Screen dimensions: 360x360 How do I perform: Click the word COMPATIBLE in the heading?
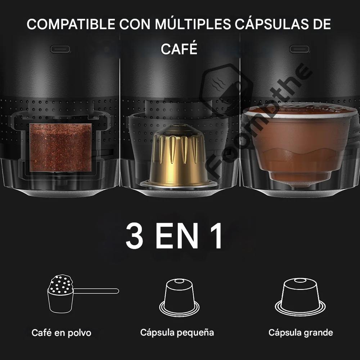71,24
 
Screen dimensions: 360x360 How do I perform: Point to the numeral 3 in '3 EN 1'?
134,236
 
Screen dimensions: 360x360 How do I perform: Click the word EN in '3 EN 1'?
176,236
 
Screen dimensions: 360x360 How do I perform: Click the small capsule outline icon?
179,298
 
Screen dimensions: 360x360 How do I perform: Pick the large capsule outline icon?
300,297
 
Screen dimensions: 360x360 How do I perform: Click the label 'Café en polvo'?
61,333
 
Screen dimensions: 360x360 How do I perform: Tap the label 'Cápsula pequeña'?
177,332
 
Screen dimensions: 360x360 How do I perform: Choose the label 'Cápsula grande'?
301,332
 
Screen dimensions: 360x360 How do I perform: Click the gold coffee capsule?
179,156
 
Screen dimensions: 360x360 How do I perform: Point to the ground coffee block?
60,147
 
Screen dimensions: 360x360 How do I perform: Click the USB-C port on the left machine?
60,49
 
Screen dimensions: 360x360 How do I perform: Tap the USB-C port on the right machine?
300,49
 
